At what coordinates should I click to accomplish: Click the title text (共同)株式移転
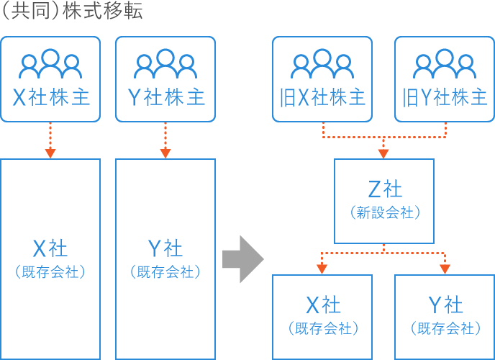point(72,12)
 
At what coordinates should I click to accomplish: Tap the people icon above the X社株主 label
point(50,65)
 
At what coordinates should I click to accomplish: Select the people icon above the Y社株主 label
point(165,65)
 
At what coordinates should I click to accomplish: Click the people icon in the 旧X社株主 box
point(322,65)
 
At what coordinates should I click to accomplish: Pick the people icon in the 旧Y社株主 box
point(444,65)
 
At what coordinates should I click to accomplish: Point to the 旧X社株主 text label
point(322,98)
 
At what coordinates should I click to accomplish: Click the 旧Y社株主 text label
point(445,98)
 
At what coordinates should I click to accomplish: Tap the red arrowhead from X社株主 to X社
point(50,153)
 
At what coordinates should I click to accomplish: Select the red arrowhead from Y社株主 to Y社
point(165,153)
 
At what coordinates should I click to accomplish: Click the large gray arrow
point(242,258)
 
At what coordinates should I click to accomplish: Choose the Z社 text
point(384,189)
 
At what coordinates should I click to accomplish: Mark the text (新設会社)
point(384,213)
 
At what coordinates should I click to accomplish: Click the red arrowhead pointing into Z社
point(383,153)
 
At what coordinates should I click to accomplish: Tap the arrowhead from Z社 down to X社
point(322,269)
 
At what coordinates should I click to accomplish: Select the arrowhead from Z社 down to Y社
point(445,269)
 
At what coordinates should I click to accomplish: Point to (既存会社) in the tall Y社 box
point(165,272)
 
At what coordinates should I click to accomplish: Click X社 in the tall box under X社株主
point(50,248)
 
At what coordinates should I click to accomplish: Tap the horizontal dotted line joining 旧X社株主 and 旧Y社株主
point(383,136)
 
